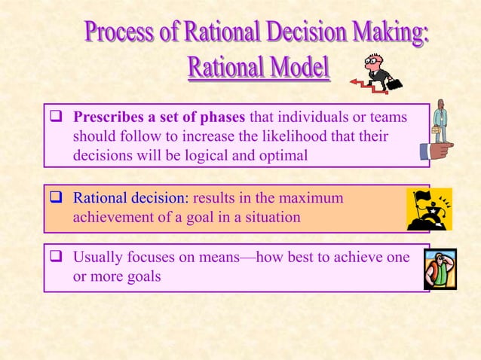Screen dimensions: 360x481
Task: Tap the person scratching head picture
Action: [x=440, y=268]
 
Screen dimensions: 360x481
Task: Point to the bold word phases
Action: [x=224, y=117]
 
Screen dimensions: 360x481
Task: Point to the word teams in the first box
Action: [x=390, y=117]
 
